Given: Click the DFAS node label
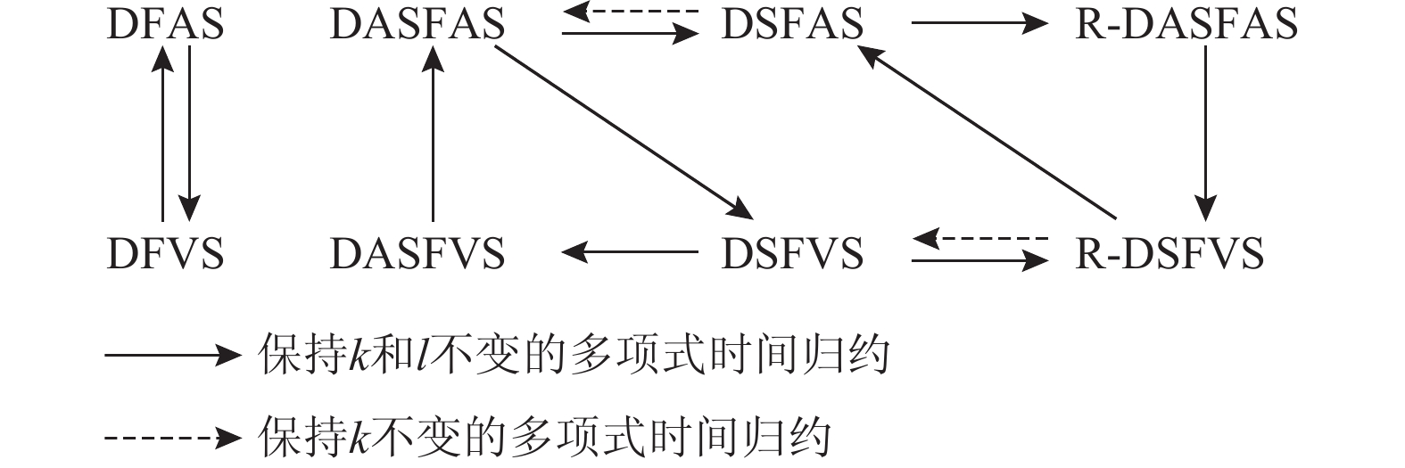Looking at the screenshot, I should (x=165, y=24).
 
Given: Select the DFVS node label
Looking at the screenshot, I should (x=165, y=254).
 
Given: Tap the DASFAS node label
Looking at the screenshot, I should (x=417, y=24).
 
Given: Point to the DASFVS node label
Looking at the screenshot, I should (x=417, y=254).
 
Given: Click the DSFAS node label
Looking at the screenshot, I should (x=792, y=24).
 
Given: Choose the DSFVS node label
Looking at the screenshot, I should (x=792, y=254).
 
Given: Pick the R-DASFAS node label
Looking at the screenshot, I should (x=1186, y=24).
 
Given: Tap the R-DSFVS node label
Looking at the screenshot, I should (x=1169, y=254).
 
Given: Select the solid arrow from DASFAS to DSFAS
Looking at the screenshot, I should (x=629, y=35).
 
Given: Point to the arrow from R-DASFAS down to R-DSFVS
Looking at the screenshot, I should (x=1206, y=134).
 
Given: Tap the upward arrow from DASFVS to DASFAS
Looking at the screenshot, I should (x=433, y=134).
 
